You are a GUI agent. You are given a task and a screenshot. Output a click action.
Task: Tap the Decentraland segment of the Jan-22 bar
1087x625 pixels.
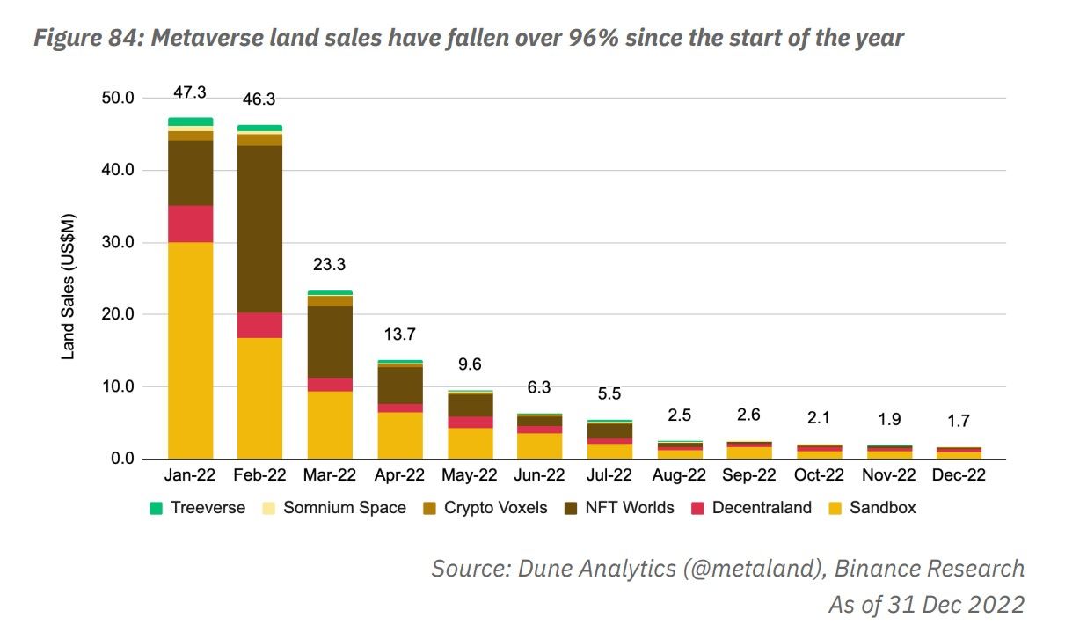[190, 224]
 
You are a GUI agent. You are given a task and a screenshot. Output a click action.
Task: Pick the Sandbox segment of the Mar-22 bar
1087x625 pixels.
[330, 424]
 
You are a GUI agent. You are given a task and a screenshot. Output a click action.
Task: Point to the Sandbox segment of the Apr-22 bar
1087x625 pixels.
[399, 435]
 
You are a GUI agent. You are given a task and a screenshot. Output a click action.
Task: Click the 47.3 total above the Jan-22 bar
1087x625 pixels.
[190, 92]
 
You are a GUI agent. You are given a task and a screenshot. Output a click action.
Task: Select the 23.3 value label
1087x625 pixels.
[330, 265]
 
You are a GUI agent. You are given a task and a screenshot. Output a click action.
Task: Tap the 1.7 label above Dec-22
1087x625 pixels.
[959, 422]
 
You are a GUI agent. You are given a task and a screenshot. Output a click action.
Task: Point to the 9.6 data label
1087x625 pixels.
[470, 364]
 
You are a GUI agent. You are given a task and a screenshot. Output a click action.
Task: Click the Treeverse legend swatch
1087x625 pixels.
[157, 508]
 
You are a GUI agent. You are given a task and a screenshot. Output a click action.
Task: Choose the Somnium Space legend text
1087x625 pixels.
[344, 508]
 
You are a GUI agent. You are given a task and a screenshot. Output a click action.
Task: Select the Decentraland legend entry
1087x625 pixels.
[761, 508]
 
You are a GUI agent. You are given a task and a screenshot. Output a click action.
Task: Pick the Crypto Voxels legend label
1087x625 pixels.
[495, 508]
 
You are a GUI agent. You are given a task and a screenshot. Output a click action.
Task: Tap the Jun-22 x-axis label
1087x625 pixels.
[539, 475]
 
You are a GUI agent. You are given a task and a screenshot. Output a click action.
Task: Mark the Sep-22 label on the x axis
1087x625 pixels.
[749, 475]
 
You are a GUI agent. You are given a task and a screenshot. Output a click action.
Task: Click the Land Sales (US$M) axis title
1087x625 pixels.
[68, 287]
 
